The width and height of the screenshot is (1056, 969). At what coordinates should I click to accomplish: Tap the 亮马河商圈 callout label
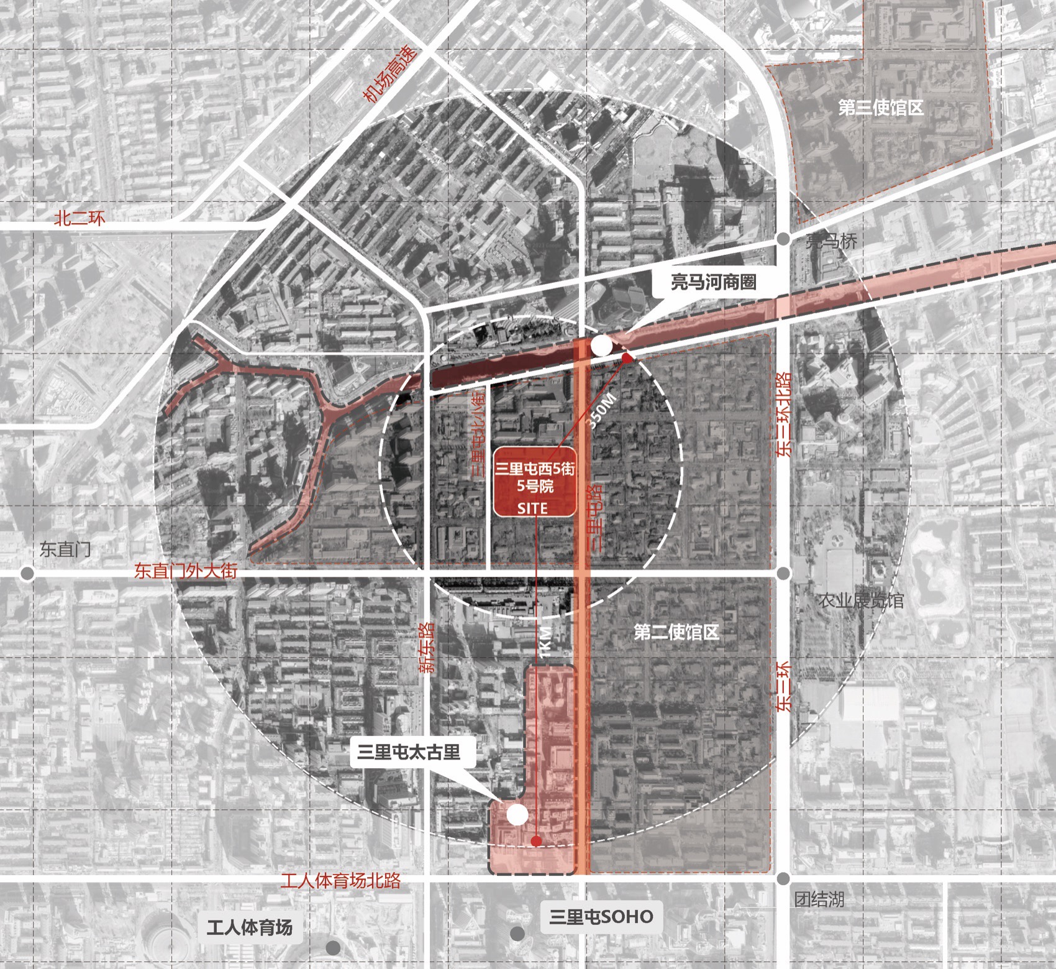point(713,282)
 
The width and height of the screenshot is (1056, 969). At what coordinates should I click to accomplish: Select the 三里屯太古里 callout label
point(409,752)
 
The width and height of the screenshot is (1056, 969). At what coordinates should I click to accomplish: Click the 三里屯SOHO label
point(601,917)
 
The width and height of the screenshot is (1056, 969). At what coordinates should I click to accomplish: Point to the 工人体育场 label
point(249,928)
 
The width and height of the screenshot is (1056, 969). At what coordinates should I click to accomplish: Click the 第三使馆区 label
point(880,108)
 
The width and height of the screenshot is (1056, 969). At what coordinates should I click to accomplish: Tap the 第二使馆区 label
point(676,633)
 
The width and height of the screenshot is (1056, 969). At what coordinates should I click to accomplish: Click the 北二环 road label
point(80,218)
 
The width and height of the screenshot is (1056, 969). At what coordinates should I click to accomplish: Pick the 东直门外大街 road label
point(186,571)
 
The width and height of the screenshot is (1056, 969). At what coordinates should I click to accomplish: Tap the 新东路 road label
point(427,648)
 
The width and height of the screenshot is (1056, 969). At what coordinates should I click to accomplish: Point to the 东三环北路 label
point(784,415)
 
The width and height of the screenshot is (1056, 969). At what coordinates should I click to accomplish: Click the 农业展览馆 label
point(860,600)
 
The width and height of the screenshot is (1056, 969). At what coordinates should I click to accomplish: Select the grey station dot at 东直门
point(27,573)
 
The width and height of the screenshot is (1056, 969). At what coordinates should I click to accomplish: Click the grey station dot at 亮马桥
point(784,238)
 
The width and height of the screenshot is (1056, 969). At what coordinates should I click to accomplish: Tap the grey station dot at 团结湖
point(783,878)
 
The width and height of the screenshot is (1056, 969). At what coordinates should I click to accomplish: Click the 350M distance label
point(601,411)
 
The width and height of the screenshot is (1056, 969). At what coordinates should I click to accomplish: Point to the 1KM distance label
point(545,642)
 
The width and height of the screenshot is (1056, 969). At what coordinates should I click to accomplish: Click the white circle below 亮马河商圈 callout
point(601,346)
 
